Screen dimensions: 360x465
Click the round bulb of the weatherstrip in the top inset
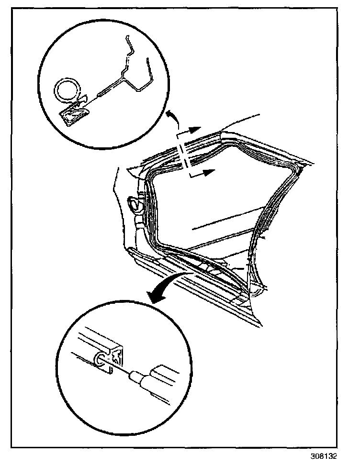(x=67, y=90)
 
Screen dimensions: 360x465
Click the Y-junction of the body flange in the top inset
(x=126, y=78)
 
